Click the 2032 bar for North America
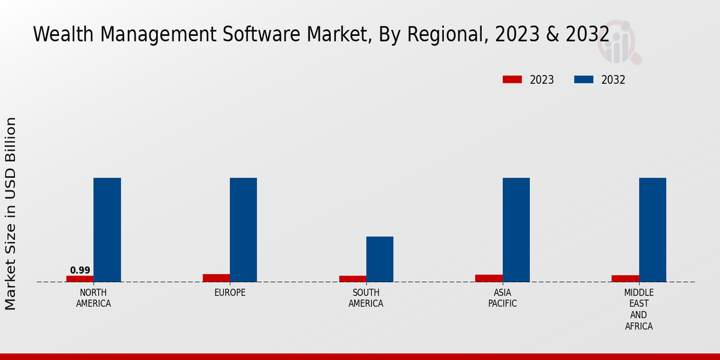pos(107,230)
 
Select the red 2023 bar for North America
pos(80,278)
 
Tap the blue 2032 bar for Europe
pos(243,230)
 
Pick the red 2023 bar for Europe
pos(216,278)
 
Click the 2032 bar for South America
pos(380,259)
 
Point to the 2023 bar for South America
pos(352,278)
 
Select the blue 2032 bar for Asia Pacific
pos(516,230)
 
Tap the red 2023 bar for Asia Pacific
pos(488,278)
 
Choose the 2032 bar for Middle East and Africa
pos(652,230)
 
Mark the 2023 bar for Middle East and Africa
pos(625,278)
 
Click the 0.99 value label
pos(80,271)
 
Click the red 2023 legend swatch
pos(512,80)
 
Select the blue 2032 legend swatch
pos(584,80)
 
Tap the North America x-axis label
pos(94,298)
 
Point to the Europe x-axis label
pos(230,293)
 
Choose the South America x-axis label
pos(366,298)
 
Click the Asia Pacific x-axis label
pos(502,298)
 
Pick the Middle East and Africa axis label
pos(638,309)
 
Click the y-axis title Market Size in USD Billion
pos(11,213)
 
